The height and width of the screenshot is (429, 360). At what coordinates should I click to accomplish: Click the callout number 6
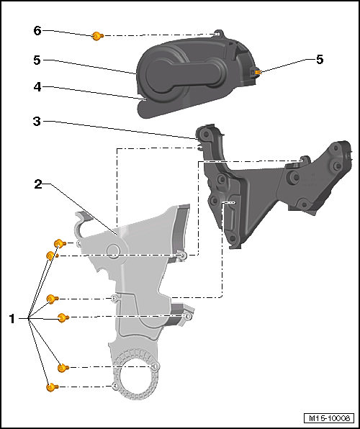coord(37,31)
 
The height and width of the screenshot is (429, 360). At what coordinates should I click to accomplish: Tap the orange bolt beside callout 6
coord(97,36)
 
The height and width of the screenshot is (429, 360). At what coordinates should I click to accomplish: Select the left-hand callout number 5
coord(37,60)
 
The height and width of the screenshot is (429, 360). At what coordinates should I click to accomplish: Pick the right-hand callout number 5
coord(320,59)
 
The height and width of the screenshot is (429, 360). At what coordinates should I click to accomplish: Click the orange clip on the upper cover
coord(258,72)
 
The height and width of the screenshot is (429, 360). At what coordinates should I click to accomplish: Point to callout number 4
coord(37,87)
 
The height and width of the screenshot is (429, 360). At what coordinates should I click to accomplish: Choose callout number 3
coord(37,122)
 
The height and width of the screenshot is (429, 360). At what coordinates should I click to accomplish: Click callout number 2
coord(38,184)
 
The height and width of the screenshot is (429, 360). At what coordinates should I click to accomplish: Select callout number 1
coord(12,319)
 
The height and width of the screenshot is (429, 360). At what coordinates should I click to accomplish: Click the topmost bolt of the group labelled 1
coord(60,243)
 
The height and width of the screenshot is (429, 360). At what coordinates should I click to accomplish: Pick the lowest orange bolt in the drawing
coord(52,387)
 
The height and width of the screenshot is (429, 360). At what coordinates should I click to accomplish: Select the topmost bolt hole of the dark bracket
coord(205,134)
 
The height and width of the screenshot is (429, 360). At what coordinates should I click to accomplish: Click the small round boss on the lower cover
coord(113,250)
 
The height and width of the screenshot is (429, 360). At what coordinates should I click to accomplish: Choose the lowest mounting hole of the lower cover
coord(115,386)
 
